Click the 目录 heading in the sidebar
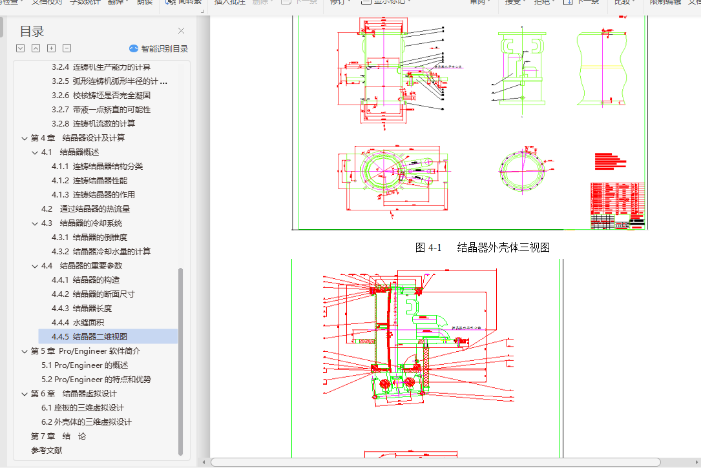[x=32, y=31]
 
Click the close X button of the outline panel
[x=181, y=30]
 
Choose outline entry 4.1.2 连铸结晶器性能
[x=99, y=181]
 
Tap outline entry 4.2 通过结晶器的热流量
[x=85, y=209]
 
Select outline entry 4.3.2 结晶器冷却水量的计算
[x=111, y=252]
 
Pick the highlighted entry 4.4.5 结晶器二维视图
[x=99, y=336]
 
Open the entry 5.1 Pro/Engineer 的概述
[x=85, y=365]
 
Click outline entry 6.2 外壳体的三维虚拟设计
[x=86, y=422]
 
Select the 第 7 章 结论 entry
[x=58, y=436]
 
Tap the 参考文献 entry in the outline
[x=47, y=451]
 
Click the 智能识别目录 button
[x=159, y=48]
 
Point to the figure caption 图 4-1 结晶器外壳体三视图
[x=482, y=247]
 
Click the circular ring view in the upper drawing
[x=522, y=172]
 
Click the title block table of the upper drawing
[x=617, y=205]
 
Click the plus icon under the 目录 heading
[x=51, y=48]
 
